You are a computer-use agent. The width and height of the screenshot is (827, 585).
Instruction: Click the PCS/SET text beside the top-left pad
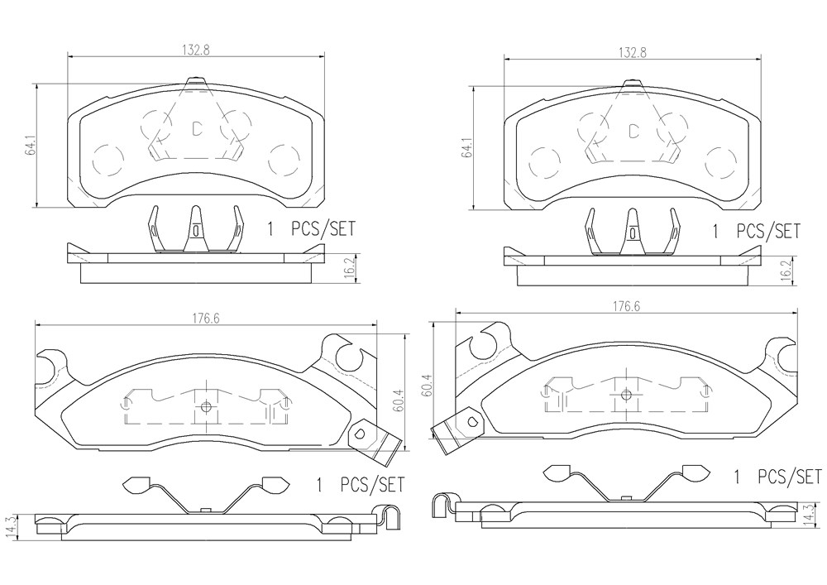click(x=323, y=229)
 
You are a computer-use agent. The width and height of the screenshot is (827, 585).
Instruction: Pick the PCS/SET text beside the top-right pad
click(x=768, y=231)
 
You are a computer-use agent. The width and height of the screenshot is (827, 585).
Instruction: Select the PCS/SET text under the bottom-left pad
click(x=372, y=484)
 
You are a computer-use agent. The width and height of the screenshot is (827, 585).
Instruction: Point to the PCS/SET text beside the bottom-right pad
click(x=790, y=477)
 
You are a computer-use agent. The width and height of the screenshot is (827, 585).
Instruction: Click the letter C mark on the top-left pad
click(x=196, y=128)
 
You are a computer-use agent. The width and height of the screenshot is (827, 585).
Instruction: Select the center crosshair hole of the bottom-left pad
click(x=206, y=407)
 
